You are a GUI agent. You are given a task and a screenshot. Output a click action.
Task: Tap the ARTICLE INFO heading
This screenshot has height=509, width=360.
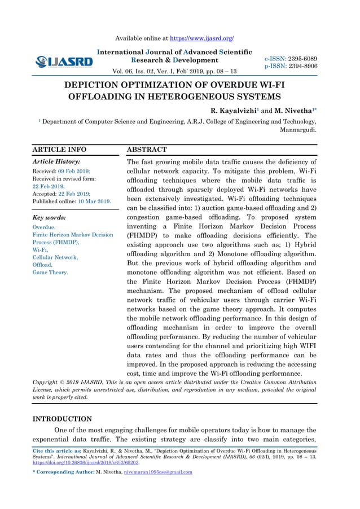[59, 150]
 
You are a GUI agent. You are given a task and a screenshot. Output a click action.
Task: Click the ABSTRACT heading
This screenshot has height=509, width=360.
[147, 150]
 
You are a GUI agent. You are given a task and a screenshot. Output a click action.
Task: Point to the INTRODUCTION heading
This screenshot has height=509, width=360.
[62, 419]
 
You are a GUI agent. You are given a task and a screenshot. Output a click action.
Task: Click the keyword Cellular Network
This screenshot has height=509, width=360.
[55, 257]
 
